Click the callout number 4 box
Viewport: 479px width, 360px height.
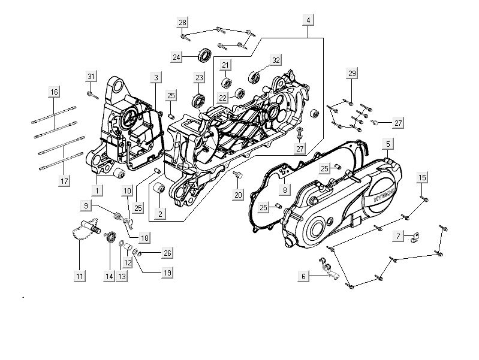point(308,20)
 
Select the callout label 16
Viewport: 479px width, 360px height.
point(55,92)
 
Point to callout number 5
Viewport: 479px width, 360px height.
point(388,144)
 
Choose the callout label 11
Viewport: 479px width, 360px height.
point(80,276)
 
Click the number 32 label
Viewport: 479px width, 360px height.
point(276,60)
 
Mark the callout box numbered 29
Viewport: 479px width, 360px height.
point(352,73)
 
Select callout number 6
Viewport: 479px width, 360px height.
point(304,276)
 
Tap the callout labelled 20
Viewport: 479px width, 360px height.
point(239,195)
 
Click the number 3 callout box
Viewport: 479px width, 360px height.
point(156,77)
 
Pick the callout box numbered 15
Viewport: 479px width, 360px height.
point(422,177)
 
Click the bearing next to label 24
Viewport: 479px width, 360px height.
point(204,57)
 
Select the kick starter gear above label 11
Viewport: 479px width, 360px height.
point(85,231)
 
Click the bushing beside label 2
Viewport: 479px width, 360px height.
point(160,190)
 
